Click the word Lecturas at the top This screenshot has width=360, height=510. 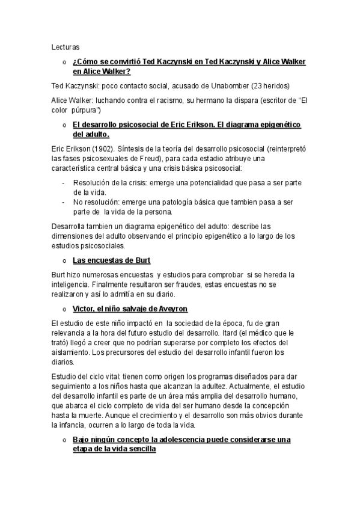pos(66,46)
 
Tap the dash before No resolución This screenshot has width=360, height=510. pos(64,201)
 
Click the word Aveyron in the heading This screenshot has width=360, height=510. pos(171,309)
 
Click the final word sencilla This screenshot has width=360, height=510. pos(139,450)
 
